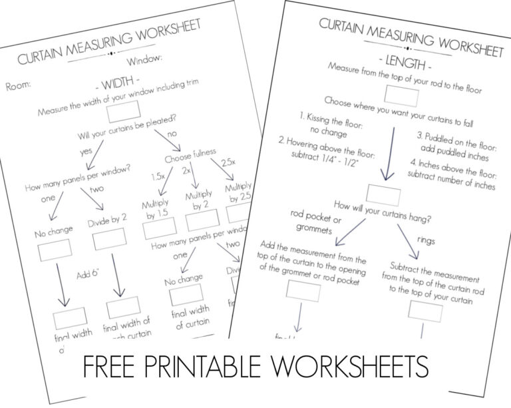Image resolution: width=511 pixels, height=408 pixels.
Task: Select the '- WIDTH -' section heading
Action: tap(117, 87)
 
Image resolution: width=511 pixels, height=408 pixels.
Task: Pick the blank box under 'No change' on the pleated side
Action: tap(55, 251)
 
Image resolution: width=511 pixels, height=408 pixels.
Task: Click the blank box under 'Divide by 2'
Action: tap(109, 239)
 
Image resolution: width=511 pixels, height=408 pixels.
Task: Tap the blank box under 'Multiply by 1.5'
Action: tap(160, 228)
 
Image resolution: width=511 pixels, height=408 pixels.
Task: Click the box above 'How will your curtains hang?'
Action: tap(384, 195)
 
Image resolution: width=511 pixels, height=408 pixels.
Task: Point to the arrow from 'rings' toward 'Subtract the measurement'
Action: tap(407, 242)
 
